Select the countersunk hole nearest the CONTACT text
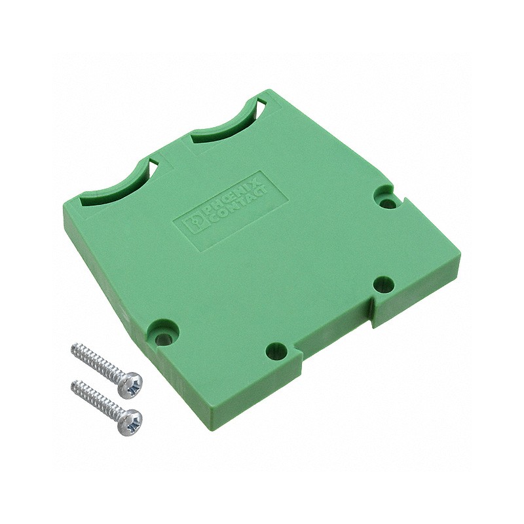click(387, 200)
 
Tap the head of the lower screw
click(132, 419)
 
